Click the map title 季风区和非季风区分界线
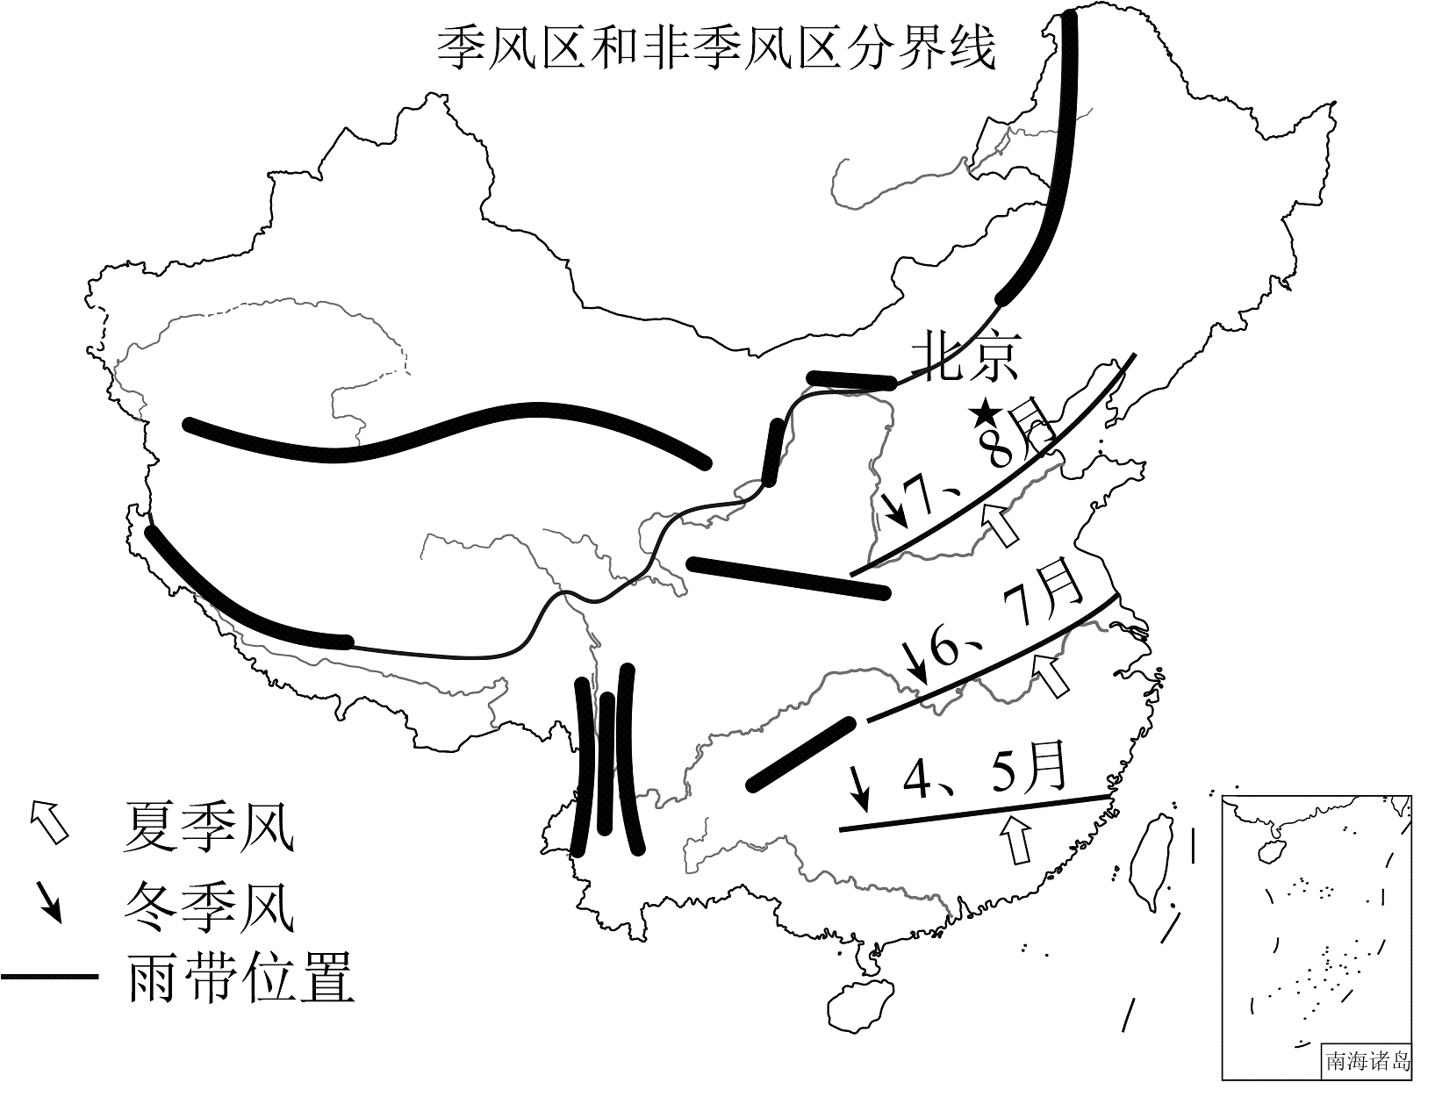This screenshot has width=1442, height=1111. (717, 48)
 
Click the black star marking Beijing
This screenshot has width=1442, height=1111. (985, 415)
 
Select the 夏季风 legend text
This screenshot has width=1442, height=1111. (208, 827)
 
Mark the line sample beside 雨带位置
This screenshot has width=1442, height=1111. (50, 977)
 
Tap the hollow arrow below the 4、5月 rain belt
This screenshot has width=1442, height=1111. (1016, 839)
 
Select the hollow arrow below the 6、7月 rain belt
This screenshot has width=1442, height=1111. (1051, 675)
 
